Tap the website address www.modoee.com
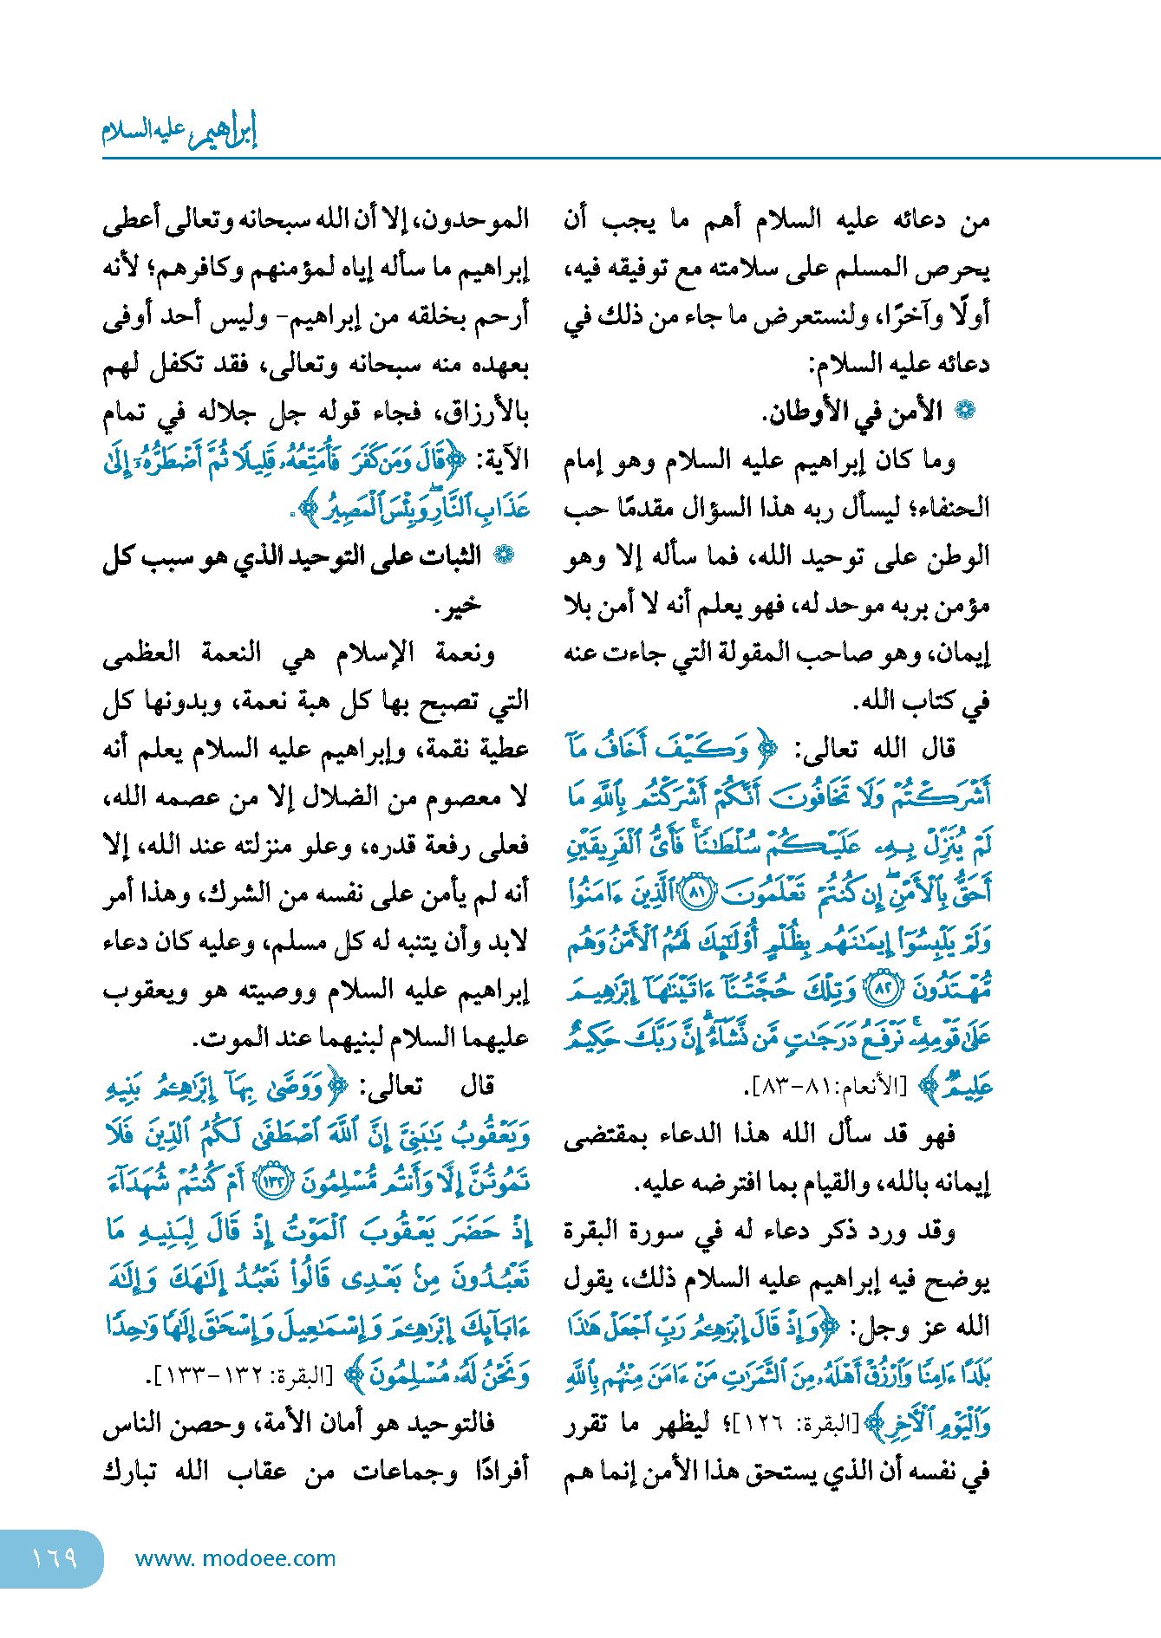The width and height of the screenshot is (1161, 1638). point(235,1559)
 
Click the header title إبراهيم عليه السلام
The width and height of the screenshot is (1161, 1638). point(179,130)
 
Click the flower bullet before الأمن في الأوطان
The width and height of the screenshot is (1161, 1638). point(964,411)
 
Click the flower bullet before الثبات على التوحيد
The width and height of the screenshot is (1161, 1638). point(503,556)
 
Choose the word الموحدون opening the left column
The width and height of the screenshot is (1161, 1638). point(485,220)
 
